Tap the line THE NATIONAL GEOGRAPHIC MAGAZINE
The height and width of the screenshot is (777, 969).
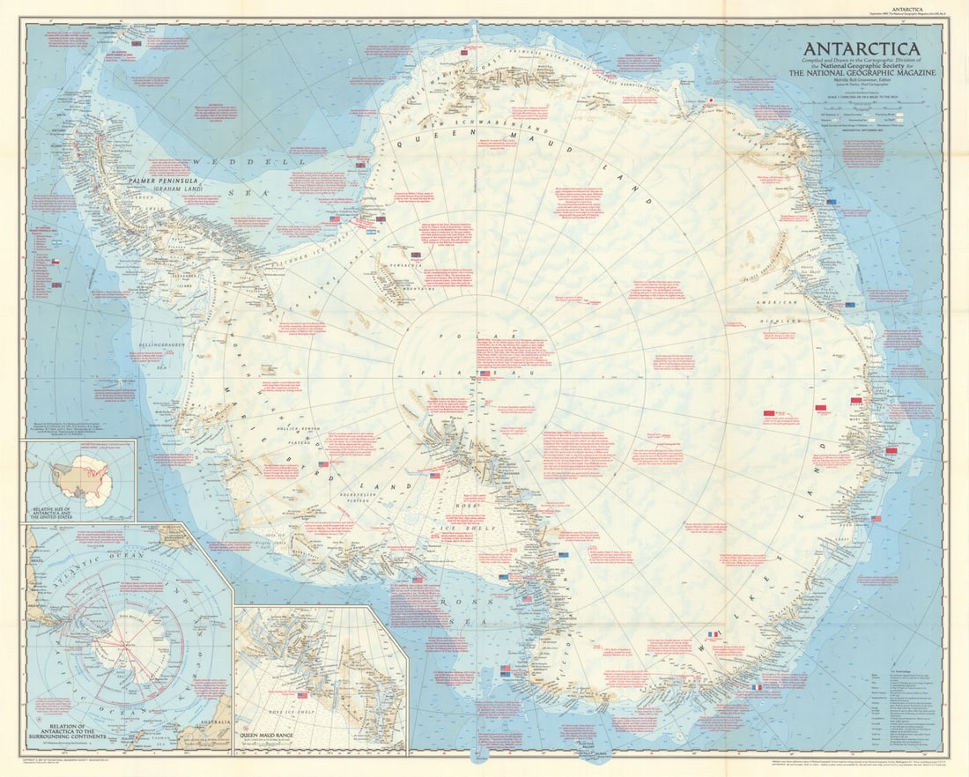pyautogui.click(x=867, y=73)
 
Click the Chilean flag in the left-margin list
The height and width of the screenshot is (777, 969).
pyautogui.click(x=55, y=262)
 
